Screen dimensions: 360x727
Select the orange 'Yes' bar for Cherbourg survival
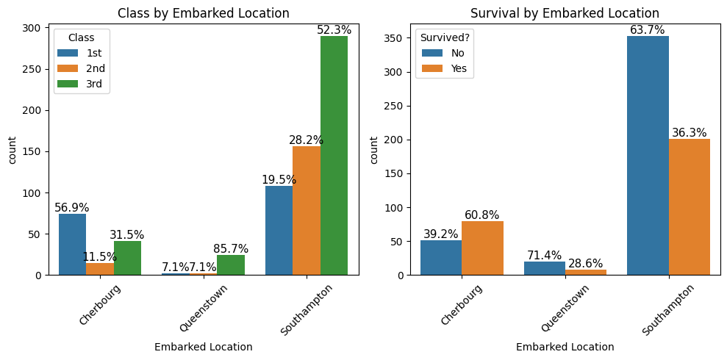483,248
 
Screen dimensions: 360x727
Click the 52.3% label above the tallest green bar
334,30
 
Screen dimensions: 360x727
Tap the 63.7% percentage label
648,30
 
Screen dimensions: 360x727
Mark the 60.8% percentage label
483,215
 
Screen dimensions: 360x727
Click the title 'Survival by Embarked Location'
565,13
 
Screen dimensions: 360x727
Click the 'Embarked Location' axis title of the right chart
565,347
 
